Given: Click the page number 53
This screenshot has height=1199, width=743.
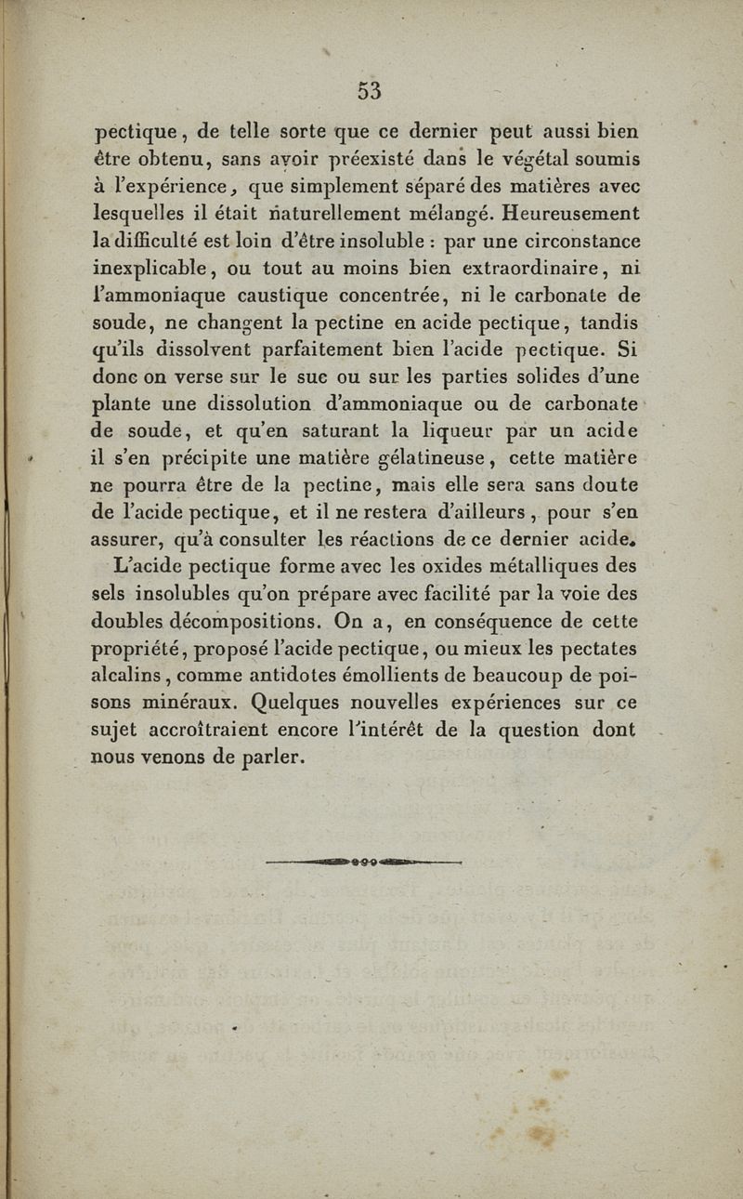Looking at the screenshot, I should pyautogui.click(x=369, y=90).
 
